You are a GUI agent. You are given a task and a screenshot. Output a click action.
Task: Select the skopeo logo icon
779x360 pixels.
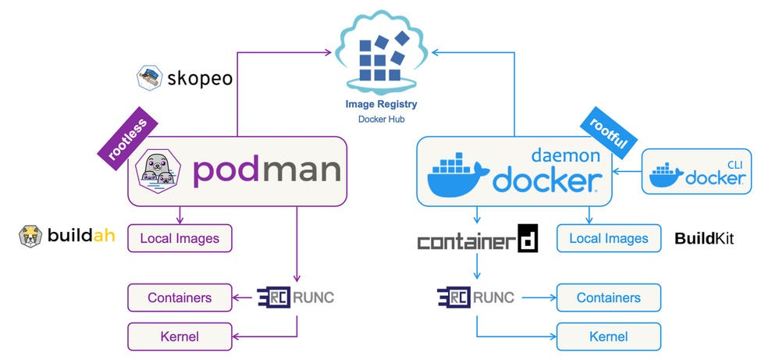coord(149,77)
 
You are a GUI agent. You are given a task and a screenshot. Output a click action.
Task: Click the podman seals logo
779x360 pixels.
coord(158,172)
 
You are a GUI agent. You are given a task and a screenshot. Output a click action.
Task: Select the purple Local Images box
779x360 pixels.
coord(180,237)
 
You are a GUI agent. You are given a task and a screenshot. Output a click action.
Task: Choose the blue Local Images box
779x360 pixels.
coord(608,238)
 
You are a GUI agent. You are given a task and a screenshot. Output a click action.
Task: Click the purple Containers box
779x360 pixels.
coord(180,298)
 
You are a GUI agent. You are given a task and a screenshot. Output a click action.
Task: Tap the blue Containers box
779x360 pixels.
coord(608,298)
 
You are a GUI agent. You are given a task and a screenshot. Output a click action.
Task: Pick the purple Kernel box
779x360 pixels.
coord(180,337)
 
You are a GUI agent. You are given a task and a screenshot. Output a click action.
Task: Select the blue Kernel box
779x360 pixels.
coord(608,337)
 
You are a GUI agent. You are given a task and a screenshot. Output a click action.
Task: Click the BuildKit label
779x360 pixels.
coord(704,238)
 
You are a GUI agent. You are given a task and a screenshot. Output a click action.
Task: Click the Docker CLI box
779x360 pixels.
coord(696,171)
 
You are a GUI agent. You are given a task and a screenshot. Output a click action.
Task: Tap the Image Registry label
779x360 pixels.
coord(382,104)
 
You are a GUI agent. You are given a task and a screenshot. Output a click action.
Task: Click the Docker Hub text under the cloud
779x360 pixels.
coord(382,119)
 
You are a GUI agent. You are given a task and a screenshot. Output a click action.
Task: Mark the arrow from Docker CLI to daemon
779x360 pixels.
coord(627,172)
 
